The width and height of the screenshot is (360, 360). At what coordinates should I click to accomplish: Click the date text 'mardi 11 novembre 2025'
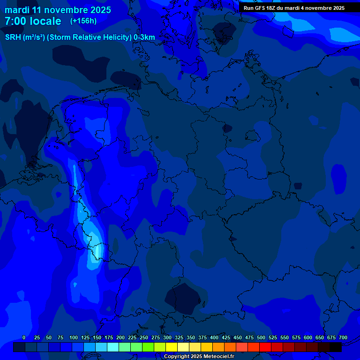coord(58,10)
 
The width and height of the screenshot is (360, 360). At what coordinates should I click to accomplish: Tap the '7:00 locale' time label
coord(33,21)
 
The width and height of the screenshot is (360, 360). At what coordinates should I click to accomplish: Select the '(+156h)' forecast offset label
coord(83,21)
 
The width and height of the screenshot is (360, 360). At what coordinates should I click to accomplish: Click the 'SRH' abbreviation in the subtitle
coord(13,37)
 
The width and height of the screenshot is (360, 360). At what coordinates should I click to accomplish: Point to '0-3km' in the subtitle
coord(144,37)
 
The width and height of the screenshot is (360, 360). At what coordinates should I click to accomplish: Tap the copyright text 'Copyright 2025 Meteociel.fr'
coord(199,357)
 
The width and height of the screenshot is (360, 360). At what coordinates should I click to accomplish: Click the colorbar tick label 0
coord(24,337)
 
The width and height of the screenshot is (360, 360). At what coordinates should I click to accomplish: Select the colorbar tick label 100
coord(74,337)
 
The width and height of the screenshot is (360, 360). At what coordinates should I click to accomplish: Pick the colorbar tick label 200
coord(120,337)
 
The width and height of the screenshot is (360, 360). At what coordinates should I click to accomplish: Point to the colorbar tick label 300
coord(167,337)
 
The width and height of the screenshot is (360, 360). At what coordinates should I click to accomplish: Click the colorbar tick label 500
coord(261,337)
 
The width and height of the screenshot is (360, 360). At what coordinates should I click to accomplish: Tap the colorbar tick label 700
coord(343,337)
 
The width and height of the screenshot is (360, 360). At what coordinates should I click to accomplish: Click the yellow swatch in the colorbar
coord(172,347)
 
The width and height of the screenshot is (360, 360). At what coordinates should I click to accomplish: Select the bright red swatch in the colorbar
coord(265,347)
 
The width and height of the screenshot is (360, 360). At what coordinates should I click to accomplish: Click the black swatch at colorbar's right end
coord(336,347)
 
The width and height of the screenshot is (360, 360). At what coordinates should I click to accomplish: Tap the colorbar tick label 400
coord(214,337)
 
